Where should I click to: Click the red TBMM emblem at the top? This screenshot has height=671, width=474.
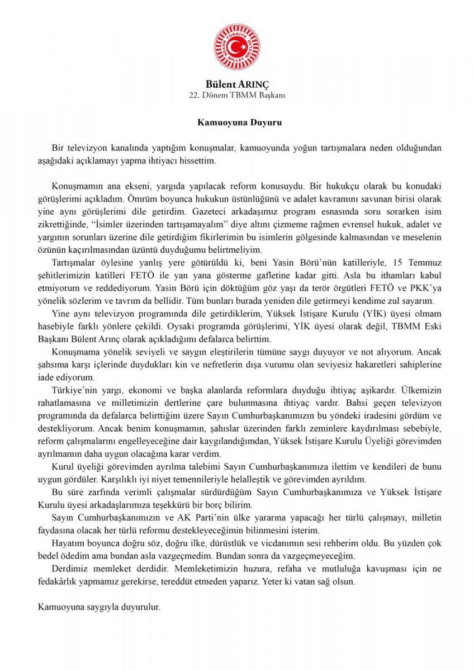point(238,45)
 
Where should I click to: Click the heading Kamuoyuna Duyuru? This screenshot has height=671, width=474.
point(237,120)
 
